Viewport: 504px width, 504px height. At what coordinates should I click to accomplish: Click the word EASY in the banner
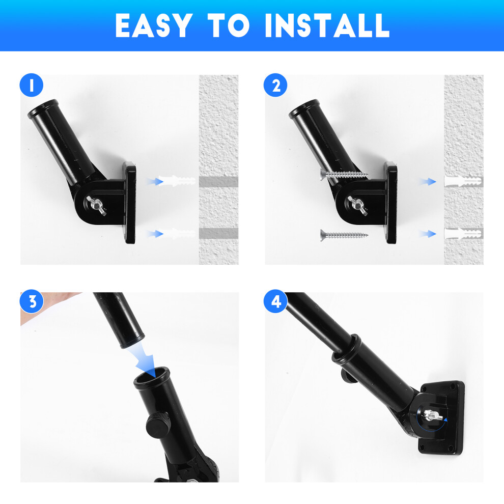tap(154, 25)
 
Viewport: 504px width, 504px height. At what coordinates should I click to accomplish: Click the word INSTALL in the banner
tap(327, 25)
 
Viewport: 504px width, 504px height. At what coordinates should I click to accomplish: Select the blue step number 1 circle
tap(32, 85)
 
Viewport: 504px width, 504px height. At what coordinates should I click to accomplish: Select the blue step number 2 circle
tap(275, 85)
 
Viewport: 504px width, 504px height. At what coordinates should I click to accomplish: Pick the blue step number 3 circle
tap(32, 302)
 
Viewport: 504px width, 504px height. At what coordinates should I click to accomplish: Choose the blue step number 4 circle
tap(275, 302)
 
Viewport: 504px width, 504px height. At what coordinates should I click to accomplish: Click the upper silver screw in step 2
tap(344, 175)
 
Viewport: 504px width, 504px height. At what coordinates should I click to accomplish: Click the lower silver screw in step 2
tap(344, 235)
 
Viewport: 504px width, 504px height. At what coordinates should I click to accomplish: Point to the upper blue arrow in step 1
tap(155, 182)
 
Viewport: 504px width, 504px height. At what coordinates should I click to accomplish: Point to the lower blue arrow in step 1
tap(155, 234)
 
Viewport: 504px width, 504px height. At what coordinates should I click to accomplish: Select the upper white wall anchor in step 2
tap(463, 182)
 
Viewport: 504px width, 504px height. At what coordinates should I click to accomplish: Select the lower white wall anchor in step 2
tap(463, 234)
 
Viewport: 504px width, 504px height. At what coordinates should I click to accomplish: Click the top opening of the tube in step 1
tap(43, 109)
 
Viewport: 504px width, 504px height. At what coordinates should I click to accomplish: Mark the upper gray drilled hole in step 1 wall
tap(218, 182)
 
